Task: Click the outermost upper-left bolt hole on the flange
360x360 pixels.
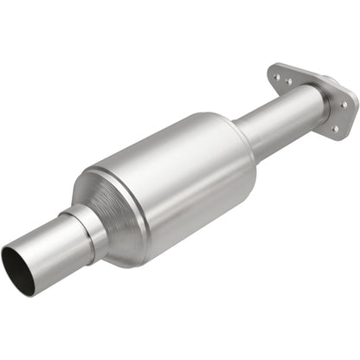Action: coord(277,76)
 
